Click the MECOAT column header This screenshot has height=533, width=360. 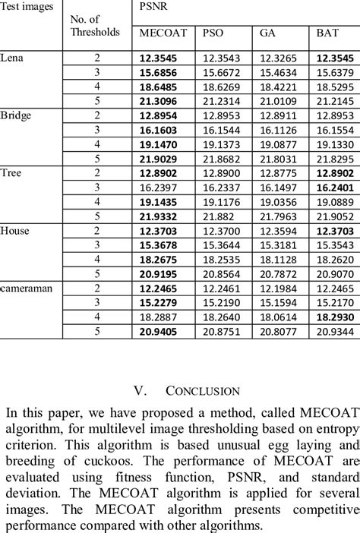point(160,33)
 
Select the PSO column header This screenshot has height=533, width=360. point(213,33)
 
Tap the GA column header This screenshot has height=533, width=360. point(267,33)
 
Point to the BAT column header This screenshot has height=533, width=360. point(327,33)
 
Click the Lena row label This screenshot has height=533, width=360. point(12,57)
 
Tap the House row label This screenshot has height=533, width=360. point(14,229)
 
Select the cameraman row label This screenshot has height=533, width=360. point(28,287)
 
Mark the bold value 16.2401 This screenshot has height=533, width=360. point(333,187)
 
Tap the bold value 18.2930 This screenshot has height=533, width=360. point(333,316)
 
